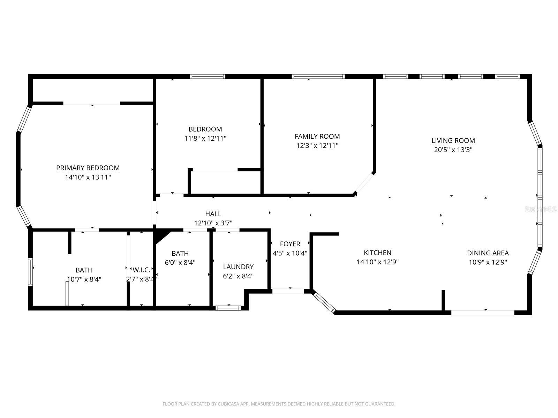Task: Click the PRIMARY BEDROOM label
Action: pos(88,168)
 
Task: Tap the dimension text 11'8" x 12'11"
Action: pos(205,138)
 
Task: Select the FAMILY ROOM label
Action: pos(317,137)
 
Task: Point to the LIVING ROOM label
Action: pos(453,141)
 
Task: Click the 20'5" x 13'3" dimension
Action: pos(453,150)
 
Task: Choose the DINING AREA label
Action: pos(488,253)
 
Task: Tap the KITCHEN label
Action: pos(377,253)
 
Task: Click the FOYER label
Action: pos(290,244)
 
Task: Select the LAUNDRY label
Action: pos(238,267)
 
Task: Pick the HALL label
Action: pos(213,214)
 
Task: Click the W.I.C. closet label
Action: pos(141,270)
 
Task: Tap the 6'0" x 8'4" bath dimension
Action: pos(180,263)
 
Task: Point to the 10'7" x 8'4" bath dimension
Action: pos(84,279)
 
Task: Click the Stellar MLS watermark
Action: pos(541,209)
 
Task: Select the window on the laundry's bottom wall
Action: pos(228,308)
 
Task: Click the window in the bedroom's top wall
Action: pos(208,77)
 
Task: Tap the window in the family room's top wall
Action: pos(318,77)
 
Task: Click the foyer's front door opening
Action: pos(288,291)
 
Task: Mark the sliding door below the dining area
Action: pos(483,312)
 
